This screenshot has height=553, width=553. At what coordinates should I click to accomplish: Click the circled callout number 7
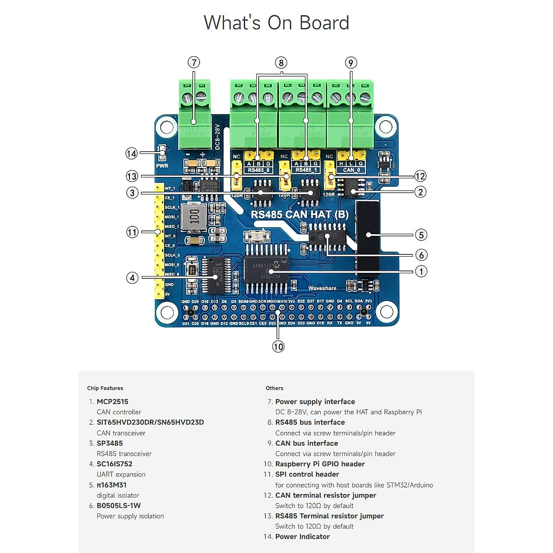tap(194, 62)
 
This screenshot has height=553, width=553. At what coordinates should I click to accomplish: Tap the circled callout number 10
tap(278, 347)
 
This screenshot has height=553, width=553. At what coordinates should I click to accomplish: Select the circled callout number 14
tap(132, 153)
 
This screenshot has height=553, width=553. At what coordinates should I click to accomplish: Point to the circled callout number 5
tap(421, 235)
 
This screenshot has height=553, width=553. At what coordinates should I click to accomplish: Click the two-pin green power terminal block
tap(194, 108)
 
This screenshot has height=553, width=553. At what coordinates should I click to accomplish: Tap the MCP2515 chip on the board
tap(266, 270)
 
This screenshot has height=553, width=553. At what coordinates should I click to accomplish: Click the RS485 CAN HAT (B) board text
tap(300, 214)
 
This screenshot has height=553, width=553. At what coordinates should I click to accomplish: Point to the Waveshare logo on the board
tap(322, 288)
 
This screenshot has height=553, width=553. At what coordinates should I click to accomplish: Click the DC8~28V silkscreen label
tap(218, 136)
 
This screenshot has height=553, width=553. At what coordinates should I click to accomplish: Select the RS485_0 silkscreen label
tap(258, 170)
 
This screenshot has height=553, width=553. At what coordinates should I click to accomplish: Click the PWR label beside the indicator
tap(162, 166)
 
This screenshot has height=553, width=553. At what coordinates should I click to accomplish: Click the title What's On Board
tap(276, 23)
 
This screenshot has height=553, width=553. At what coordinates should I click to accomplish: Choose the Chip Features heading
tap(105, 388)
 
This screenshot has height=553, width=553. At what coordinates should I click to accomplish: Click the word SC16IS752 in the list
tap(114, 464)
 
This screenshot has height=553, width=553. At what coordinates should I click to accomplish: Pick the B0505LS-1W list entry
tap(118, 506)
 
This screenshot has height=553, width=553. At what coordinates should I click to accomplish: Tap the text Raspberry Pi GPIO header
tap(320, 464)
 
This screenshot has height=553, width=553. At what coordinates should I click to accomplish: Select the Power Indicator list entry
tap(302, 536)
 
